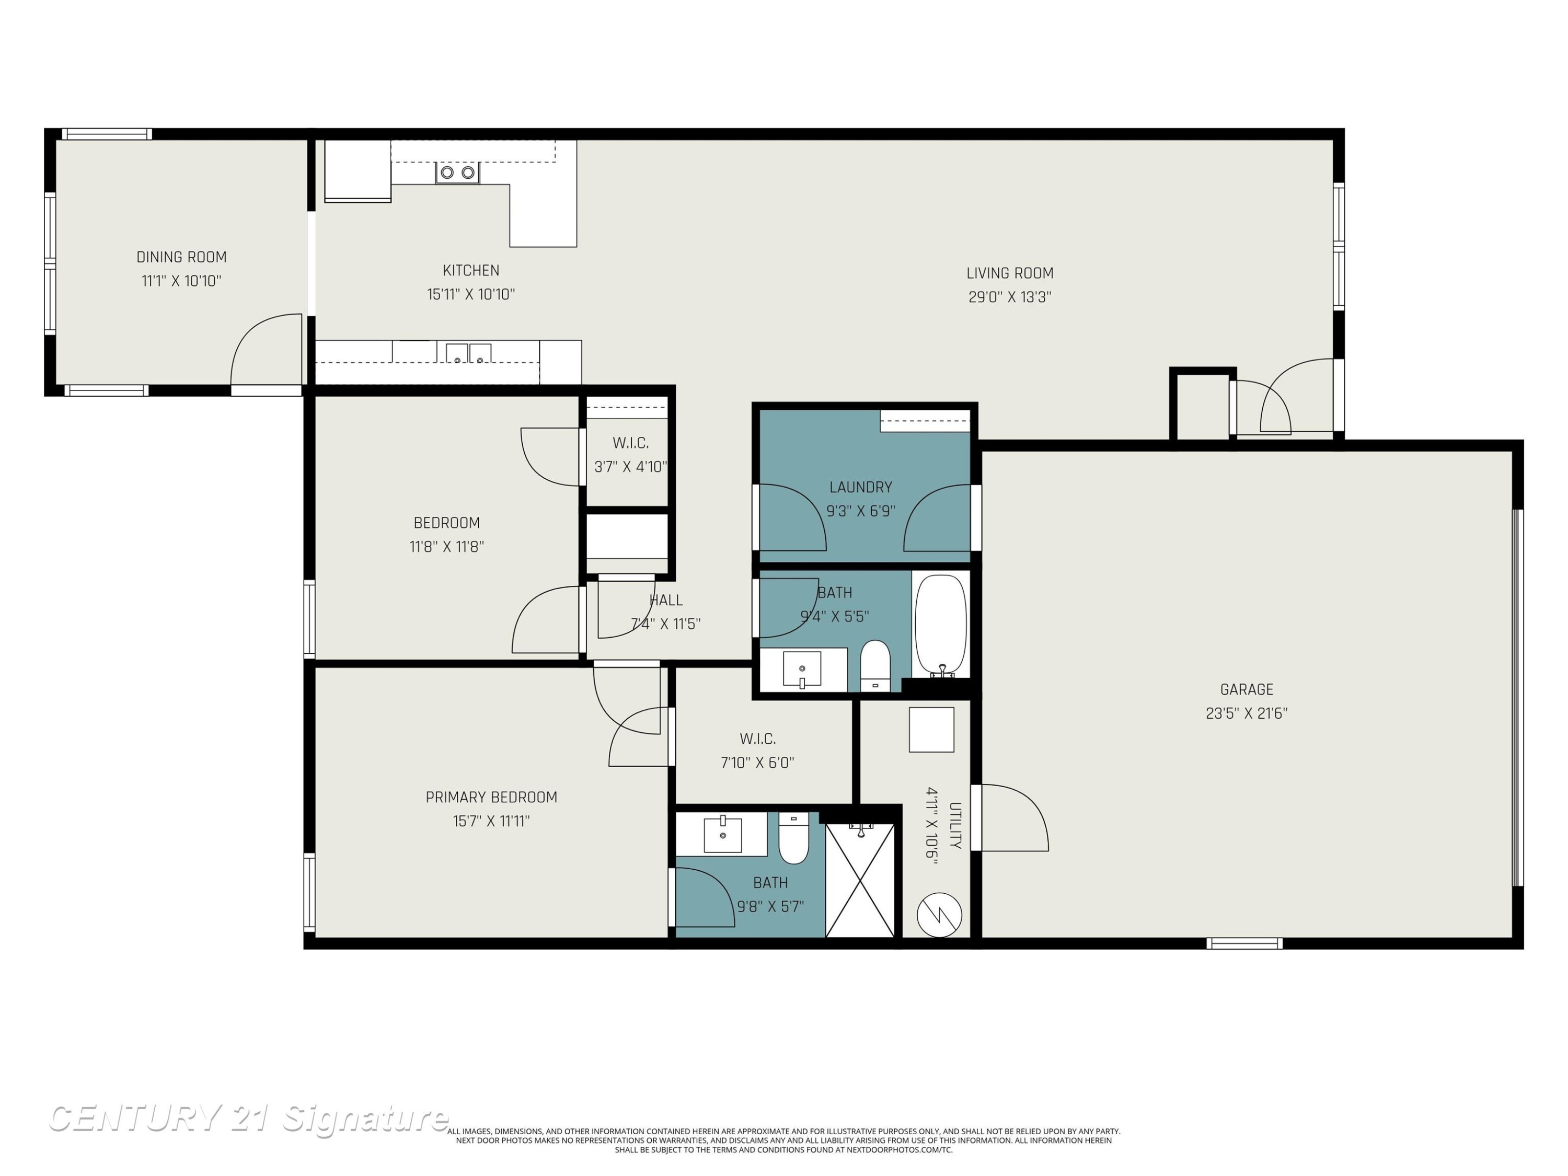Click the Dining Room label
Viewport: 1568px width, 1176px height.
tap(181, 257)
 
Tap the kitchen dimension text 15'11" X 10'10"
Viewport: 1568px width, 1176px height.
tap(471, 294)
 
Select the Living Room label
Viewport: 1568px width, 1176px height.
tap(1009, 273)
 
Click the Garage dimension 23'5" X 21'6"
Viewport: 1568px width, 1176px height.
tap(1246, 713)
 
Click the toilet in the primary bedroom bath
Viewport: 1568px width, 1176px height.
tap(794, 838)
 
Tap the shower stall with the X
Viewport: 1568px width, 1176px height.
tap(860, 880)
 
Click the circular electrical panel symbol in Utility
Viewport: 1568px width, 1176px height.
tap(939, 915)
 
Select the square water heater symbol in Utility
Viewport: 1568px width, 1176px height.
tap(931, 730)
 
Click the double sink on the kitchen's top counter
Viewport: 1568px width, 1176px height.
tap(457, 172)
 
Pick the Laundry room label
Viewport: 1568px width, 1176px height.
tap(860, 487)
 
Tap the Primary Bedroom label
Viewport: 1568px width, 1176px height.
tap(491, 797)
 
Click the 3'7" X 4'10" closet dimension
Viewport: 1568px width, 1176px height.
tap(630, 467)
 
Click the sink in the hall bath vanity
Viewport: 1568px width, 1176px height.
tap(802, 668)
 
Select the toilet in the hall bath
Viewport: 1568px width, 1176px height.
tap(875, 665)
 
